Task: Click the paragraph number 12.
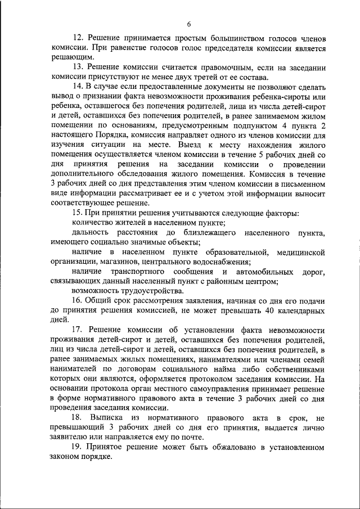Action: pos(79,38)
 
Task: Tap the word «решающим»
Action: pos(70,57)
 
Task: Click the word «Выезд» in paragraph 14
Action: pos(188,143)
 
